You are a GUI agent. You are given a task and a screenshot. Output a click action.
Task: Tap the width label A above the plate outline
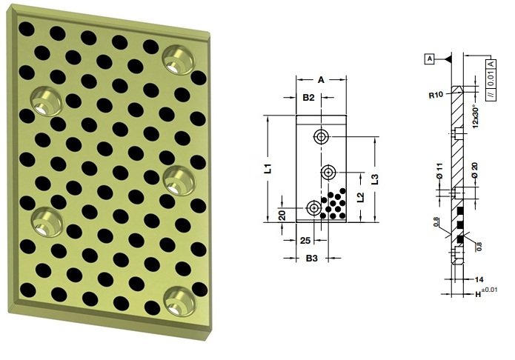click(321, 79)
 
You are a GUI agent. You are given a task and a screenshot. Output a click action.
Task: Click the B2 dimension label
click(309, 97)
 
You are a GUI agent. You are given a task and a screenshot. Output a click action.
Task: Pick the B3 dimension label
click(311, 259)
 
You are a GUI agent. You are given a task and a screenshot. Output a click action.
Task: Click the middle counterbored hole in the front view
click(328, 172)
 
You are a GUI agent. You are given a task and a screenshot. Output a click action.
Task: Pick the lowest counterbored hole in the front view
click(314, 208)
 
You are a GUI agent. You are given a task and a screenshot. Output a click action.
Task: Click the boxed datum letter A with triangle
click(429, 57)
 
